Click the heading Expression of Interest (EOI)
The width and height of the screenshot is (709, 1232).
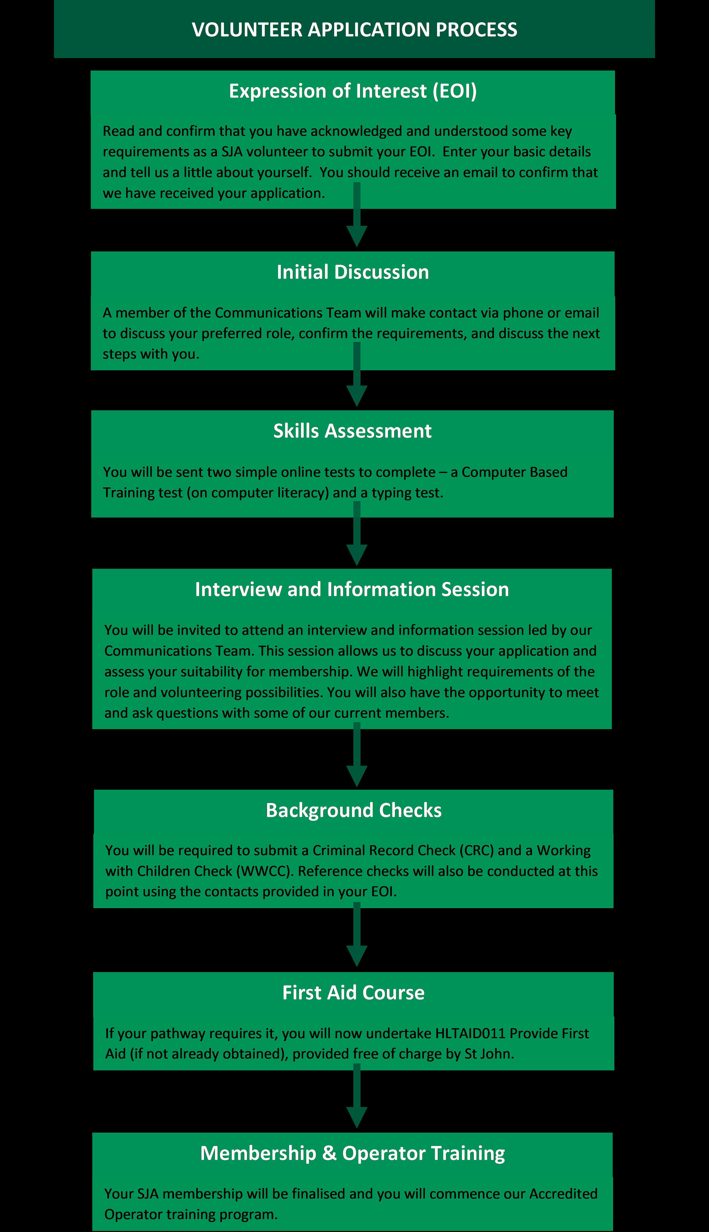pyautogui.click(x=352, y=91)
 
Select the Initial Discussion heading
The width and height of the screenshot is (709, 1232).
pyautogui.click(x=352, y=272)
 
